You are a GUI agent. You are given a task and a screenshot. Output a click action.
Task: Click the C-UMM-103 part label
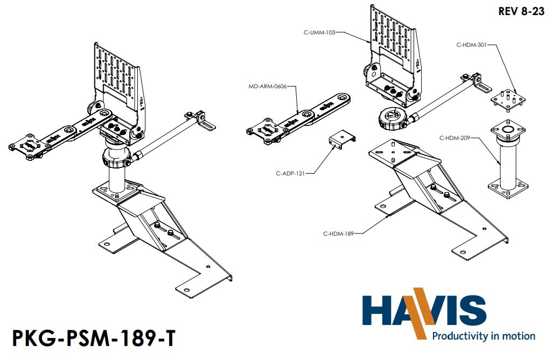coord(319,32)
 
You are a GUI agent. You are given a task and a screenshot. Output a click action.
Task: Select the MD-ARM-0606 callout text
coord(268,86)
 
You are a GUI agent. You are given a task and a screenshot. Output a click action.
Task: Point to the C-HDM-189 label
coord(339,233)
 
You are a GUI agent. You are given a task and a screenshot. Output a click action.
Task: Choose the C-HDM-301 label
coord(471,45)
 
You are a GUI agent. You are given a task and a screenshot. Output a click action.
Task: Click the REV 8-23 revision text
coord(521,11)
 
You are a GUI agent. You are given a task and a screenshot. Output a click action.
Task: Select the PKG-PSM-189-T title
coord(93,340)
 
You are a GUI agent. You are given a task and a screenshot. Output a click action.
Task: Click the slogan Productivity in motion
coord(483,336)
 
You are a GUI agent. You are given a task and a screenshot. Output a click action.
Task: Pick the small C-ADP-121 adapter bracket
coord(341,139)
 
